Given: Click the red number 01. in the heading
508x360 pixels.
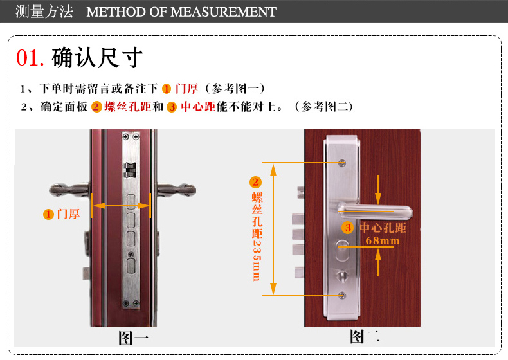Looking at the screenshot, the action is [30, 58].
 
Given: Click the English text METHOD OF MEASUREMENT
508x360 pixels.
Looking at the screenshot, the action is [181, 12].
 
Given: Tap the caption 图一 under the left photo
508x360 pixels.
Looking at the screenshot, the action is [134, 339].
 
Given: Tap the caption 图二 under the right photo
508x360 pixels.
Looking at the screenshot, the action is [365, 336].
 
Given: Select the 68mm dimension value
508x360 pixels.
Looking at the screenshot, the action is [383, 241].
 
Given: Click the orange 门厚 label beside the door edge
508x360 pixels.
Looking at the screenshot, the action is [68, 214].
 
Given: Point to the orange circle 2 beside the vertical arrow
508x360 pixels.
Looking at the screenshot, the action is [255, 182].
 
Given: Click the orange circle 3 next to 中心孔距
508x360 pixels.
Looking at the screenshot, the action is [348, 228].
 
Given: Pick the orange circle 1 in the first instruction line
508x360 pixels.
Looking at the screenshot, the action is [167, 89].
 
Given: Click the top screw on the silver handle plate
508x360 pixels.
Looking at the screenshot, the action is [342, 163].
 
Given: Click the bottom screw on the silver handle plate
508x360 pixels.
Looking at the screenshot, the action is [342, 295].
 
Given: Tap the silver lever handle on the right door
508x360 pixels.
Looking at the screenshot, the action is [375, 210].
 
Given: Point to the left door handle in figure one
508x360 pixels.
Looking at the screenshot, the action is [69, 190].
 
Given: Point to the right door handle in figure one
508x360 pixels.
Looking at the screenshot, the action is [177, 190].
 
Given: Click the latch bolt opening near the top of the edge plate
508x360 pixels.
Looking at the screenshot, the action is [131, 170].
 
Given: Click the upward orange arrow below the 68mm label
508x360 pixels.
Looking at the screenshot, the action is [377, 263].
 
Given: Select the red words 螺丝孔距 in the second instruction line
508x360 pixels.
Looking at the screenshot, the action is [128, 107].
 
